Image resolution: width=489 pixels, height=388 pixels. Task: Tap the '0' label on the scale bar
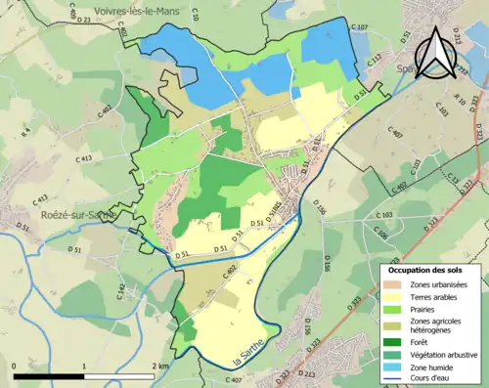[x=15, y=366]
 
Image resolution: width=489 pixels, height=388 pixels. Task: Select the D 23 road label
[x=81, y=20]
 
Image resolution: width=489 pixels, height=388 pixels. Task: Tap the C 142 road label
[x=122, y=289]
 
